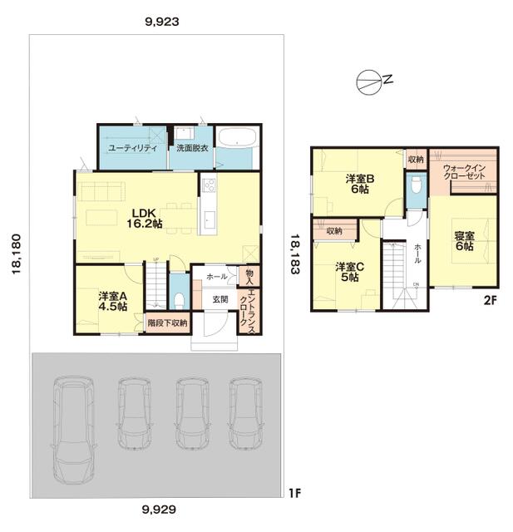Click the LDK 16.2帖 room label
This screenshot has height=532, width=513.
145,218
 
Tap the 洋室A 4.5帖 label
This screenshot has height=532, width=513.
113,301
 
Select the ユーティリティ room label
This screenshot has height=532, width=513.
133,148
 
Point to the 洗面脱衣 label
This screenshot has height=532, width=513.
192,148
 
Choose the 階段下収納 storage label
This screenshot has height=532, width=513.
167,323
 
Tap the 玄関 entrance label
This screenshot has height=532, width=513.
220,299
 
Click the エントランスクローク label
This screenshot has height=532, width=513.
248,309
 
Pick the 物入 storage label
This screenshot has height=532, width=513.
249,277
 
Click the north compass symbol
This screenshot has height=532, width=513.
368,82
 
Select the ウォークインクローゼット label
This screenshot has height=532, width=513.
465,172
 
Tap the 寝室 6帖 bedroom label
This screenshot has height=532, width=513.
465,240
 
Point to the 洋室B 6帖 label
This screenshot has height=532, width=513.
360,184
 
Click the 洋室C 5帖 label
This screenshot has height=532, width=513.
350,272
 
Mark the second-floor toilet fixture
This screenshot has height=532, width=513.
416,185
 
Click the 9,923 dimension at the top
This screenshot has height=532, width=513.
162,22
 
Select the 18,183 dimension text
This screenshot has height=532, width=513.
294,254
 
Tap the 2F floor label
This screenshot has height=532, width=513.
490,300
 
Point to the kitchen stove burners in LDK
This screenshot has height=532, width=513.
209,185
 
